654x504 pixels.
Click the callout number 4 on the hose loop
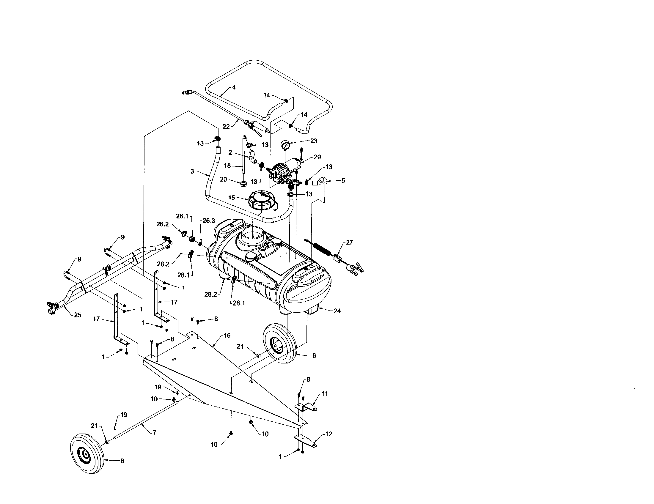(234, 87)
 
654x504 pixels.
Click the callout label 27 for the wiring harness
(350, 242)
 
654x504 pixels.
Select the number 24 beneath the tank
(337, 311)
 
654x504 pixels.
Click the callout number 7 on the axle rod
(154, 433)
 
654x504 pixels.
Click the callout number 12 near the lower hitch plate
(329, 434)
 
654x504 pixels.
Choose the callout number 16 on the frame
(227, 336)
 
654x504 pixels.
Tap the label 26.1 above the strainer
(182, 216)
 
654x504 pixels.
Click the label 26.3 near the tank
(209, 221)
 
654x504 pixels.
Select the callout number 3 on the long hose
(192, 171)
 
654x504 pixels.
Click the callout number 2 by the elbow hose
(230, 153)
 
